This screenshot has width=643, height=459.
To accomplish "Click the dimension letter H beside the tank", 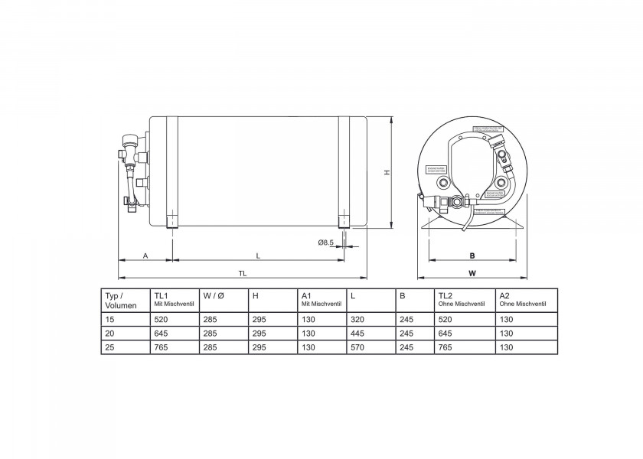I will [387, 173].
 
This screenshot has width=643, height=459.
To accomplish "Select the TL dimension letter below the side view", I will [243, 272].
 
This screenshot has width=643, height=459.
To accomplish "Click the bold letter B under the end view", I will [472, 256].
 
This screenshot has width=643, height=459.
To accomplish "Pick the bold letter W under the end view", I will [472, 272].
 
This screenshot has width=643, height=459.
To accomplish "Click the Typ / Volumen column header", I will [115, 300].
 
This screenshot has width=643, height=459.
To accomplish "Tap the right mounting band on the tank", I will [344, 172].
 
